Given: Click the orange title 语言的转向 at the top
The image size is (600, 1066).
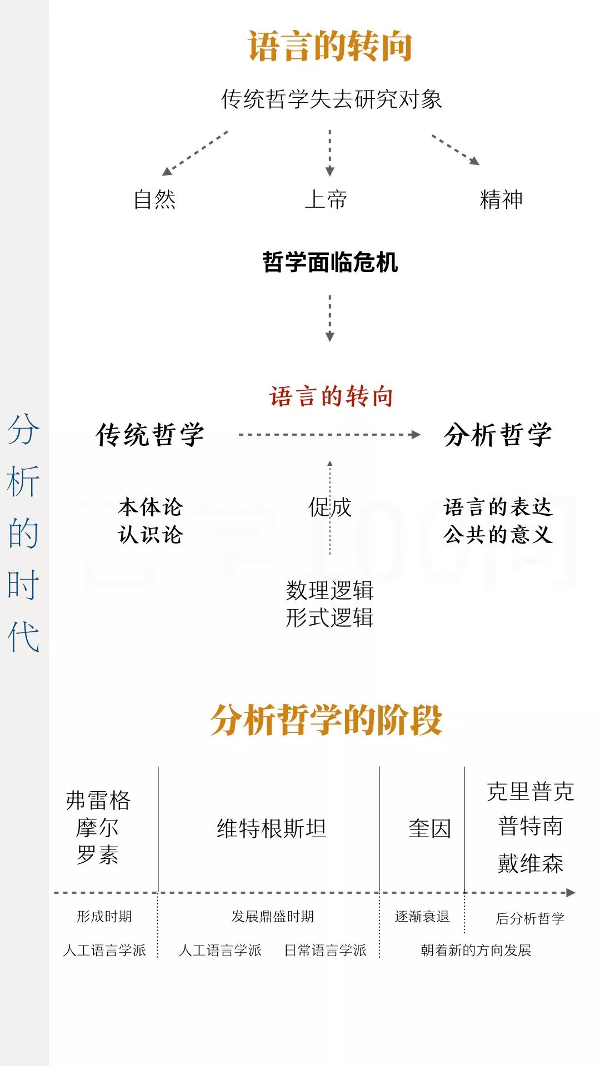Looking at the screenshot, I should [x=329, y=46].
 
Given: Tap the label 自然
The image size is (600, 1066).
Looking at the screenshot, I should [x=154, y=199].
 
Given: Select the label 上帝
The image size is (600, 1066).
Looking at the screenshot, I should [x=326, y=199].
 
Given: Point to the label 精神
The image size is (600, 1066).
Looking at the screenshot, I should [x=501, y=199].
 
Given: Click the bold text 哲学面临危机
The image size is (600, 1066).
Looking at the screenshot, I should [x=330, y=262].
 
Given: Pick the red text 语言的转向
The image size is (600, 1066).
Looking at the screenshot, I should [x=331, y=396].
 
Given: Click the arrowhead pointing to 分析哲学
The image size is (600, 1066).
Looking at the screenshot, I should [x=415, y=435].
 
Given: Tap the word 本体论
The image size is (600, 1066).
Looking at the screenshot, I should [x=150, y=507].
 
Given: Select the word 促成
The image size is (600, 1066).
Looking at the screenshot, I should [x=330, y=507].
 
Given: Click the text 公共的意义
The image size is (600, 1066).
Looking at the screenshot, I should [x=498, y=535].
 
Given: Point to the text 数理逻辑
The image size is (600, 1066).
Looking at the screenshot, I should [x=329, y=590].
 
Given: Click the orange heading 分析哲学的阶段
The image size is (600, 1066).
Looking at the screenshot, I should [x=326, y=720].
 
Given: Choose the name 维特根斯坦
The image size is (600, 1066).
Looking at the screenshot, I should [x=271, y=828].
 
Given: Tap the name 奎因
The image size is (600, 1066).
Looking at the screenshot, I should [x=429, y=828].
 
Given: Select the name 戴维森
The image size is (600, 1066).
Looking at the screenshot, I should [x=530, y=863].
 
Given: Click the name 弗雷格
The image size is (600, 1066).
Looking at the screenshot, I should [x=98, y=800].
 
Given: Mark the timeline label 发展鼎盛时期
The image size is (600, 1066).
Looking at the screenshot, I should [x=273, y=916].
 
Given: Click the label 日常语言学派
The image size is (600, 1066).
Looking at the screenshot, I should [x=326, y=950].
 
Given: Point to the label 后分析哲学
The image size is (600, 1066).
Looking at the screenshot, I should [x=530, y=918].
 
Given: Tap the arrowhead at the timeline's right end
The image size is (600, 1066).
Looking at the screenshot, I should [x=571, y=893].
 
